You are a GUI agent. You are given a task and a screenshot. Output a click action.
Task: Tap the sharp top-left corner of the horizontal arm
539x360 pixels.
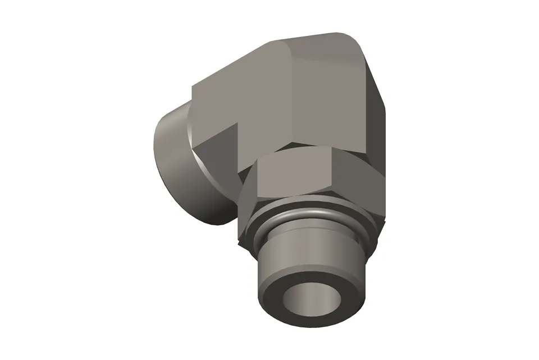coord(193,86)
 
